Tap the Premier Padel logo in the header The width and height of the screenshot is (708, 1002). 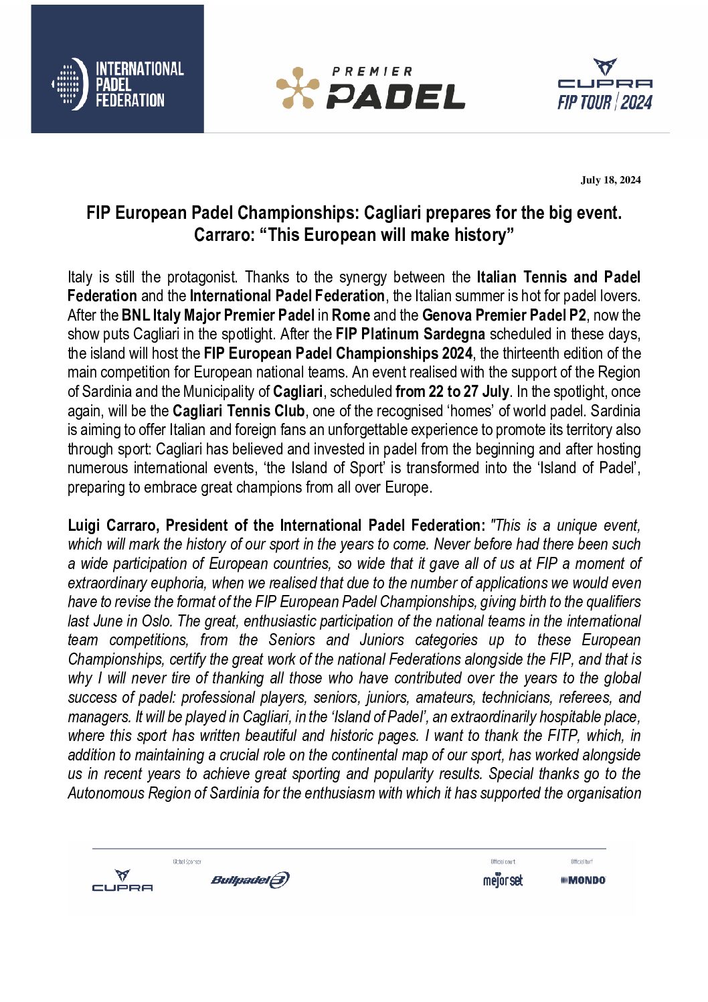click(x=370, y=88)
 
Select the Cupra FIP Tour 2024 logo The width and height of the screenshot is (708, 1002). click(x=605, y=84)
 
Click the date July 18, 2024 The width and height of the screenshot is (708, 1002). click(x=610, y=180)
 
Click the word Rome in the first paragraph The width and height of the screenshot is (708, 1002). click(x=351, y=315)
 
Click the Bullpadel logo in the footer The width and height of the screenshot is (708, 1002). click(x=250, y=880)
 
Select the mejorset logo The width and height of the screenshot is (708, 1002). click(x=503, y=880)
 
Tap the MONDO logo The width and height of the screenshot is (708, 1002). click(x=583, y=880)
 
